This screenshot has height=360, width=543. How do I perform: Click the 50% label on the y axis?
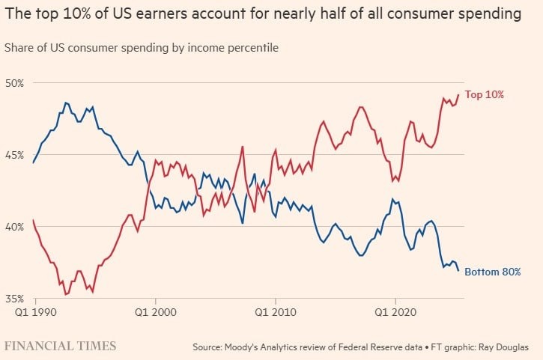coord(14,83)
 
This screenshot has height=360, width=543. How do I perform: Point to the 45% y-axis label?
coord(14,155)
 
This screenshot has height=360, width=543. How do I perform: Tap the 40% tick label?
coord(14,227)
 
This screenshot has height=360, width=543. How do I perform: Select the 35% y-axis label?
coord(14,299)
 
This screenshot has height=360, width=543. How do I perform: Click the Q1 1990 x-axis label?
coord(35,312)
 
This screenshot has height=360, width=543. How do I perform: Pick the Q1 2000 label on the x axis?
coord(156,312)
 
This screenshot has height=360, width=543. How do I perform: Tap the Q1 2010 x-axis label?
coord(276,312)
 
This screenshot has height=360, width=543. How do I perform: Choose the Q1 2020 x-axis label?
coord(395,312)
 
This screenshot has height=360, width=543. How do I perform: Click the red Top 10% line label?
coord(484,94)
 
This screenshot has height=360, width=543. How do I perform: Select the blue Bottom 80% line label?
coord(492,272)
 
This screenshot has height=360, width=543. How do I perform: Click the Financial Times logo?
coord(60,346)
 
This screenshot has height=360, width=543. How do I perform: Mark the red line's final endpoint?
coord(458,94)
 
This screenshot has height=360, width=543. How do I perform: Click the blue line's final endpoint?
coord(458,271)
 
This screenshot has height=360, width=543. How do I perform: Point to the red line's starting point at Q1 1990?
coord(33,220)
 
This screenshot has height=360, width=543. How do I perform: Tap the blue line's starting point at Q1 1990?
coord(33,162)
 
